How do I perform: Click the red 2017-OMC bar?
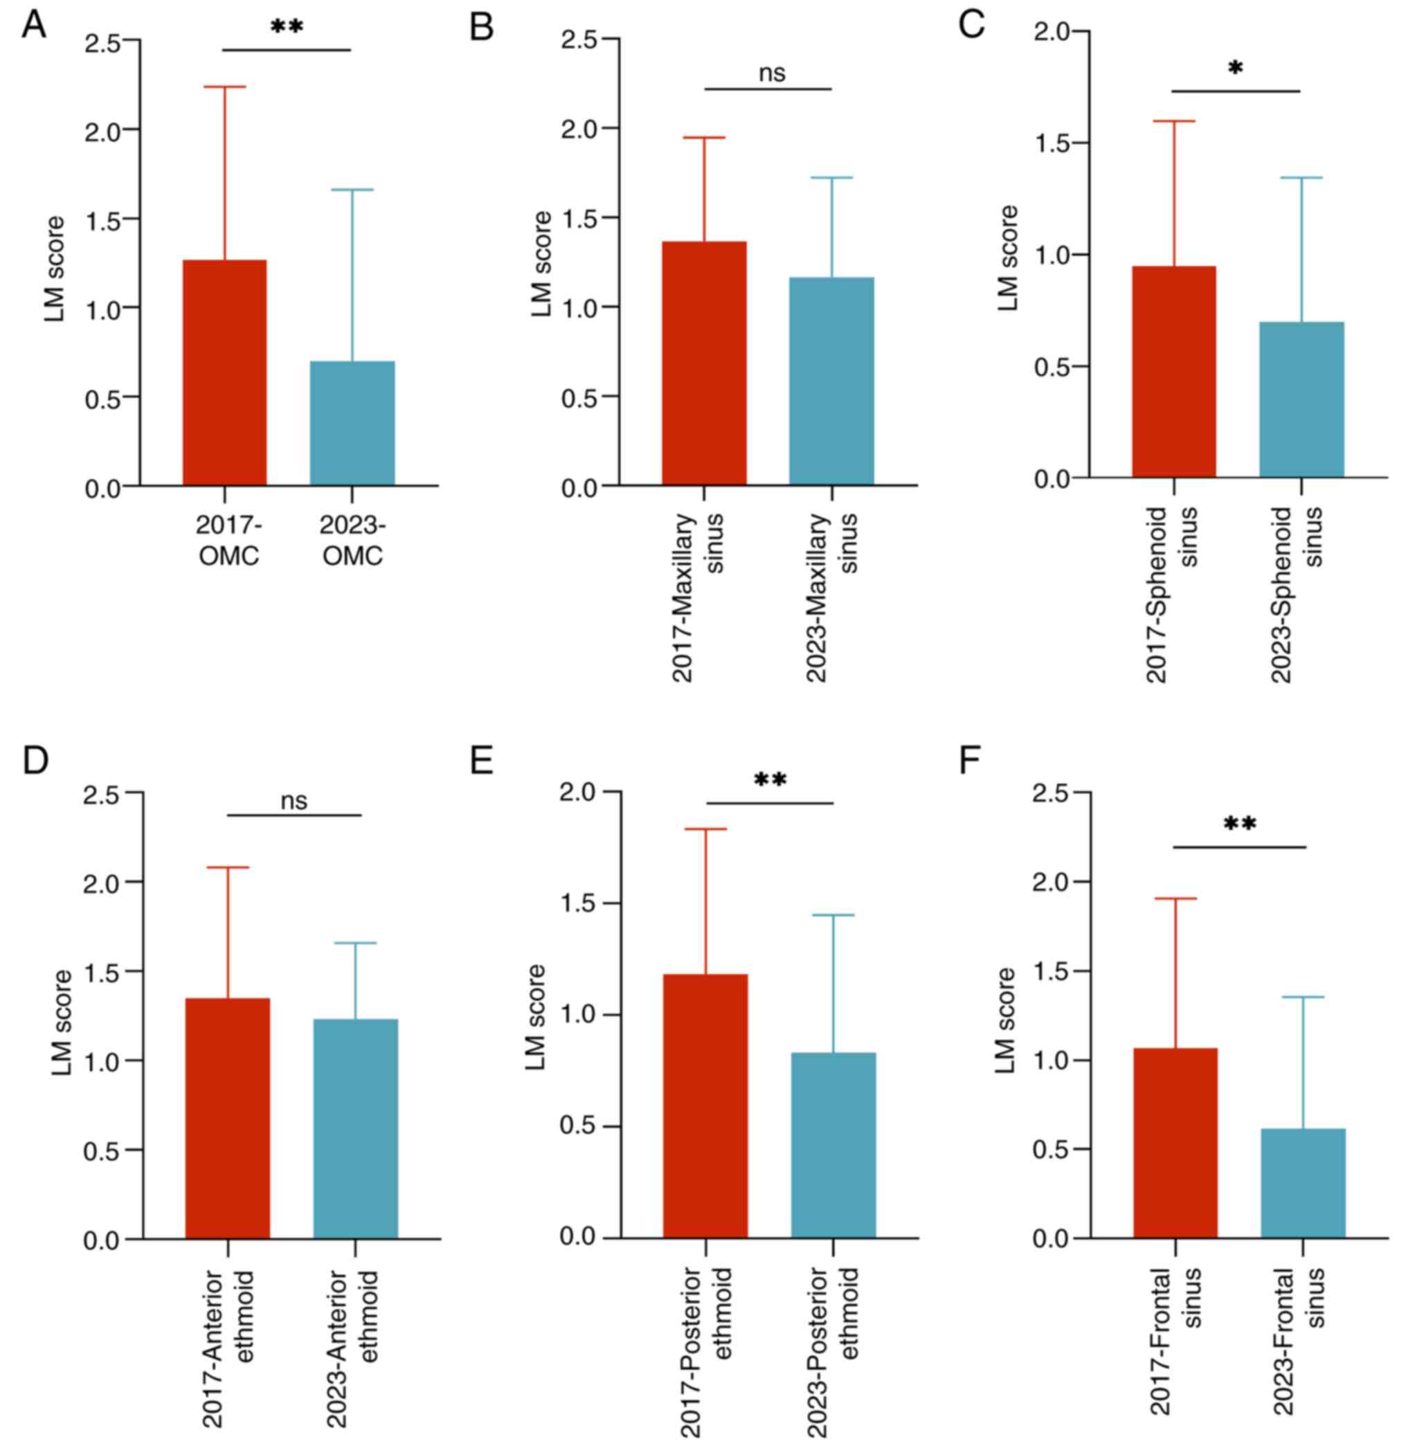click(224, 372)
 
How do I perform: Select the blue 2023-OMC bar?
click(352, 423)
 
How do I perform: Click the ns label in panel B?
click(772, 73)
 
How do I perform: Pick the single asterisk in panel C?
click(1236, 69)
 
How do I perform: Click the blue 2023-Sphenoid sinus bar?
click(1301, 399)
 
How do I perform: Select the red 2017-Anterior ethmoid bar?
click(228, 1118)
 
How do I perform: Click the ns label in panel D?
click(294, 802)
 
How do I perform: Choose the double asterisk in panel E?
click(770, 780)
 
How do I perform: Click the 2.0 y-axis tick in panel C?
click(1052, 32)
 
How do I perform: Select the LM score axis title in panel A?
click(55, 269)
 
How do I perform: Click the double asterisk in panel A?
click(287, 27)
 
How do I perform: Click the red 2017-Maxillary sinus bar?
click(704, 363)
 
